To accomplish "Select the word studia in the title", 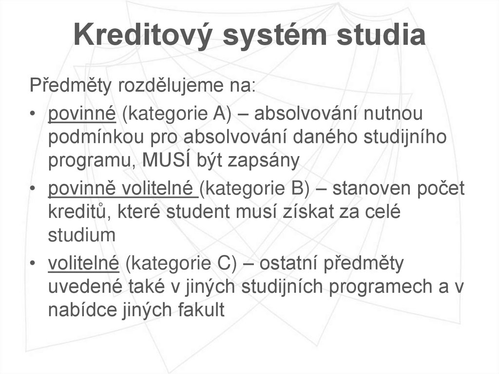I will click(x=377, y=36).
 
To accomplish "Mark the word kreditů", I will click(x=77, y=212).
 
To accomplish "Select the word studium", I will click(x=81, y=235).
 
